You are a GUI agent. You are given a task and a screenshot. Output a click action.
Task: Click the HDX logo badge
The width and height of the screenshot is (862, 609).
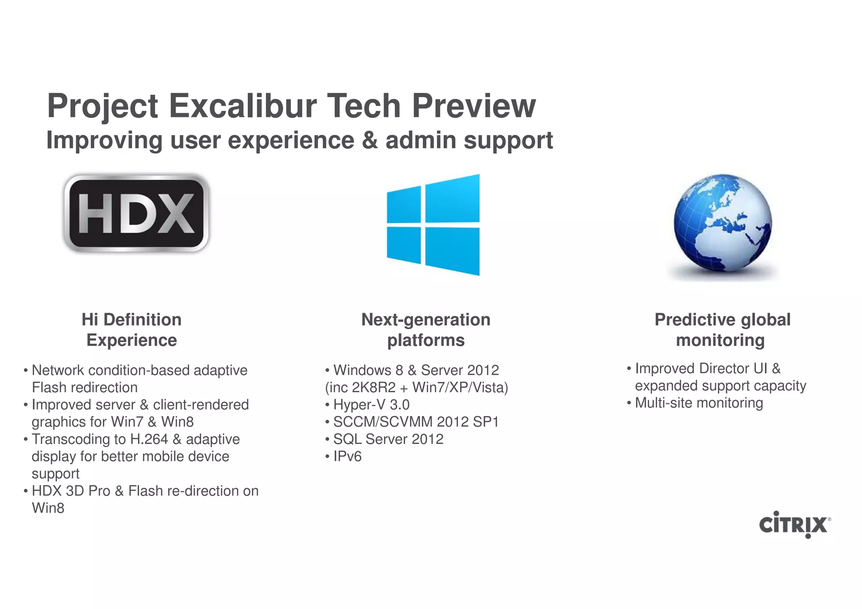[x=136, y=213]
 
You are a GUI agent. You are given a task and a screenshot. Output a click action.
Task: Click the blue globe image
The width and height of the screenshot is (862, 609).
[x=723, y=223]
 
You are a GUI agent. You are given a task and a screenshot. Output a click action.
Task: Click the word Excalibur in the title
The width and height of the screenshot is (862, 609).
[x=243, y=106]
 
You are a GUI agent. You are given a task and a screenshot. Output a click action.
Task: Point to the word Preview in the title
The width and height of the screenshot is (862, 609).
[x=474, y=106]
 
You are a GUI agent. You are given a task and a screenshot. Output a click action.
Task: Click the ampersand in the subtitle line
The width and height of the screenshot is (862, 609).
[x=370, y=140]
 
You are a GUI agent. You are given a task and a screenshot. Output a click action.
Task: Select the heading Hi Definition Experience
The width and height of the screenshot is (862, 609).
[x=131, y=330]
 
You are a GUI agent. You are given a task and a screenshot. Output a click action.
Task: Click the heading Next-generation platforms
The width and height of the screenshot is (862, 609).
[x=426, y=330]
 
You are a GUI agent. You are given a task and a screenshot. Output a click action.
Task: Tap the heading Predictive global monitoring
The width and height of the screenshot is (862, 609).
[x=722, y=330]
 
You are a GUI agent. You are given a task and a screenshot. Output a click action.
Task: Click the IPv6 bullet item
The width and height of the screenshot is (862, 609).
[x=347, y=456]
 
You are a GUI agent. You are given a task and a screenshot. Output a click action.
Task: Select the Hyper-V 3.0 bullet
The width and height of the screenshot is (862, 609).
[x=371, y=404]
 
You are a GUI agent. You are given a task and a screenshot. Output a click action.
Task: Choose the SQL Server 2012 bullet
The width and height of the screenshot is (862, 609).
[x=388, y=439]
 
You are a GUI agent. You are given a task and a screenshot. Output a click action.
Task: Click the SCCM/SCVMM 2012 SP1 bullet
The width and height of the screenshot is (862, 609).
[x=415, y=422]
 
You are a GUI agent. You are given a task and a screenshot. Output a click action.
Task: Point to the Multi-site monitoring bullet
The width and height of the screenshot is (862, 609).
[x=698, y=403]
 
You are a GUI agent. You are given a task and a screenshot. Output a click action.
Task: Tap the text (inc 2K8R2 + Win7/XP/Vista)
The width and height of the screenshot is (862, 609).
[x=416, y=387]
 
